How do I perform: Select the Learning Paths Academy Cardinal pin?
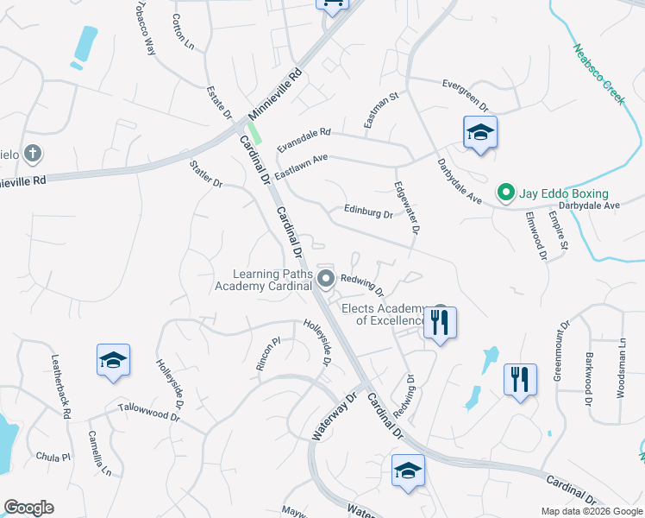[326, 278]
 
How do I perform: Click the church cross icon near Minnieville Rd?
[32, 155]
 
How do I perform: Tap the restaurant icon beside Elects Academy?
[441, 322]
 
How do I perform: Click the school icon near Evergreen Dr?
[480, 132]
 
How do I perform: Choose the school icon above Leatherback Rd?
[113, 360]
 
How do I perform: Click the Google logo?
[28, 508]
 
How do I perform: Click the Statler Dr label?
[206, 172]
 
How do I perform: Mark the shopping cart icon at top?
[331, 4]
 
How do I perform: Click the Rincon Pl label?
[269, 354]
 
